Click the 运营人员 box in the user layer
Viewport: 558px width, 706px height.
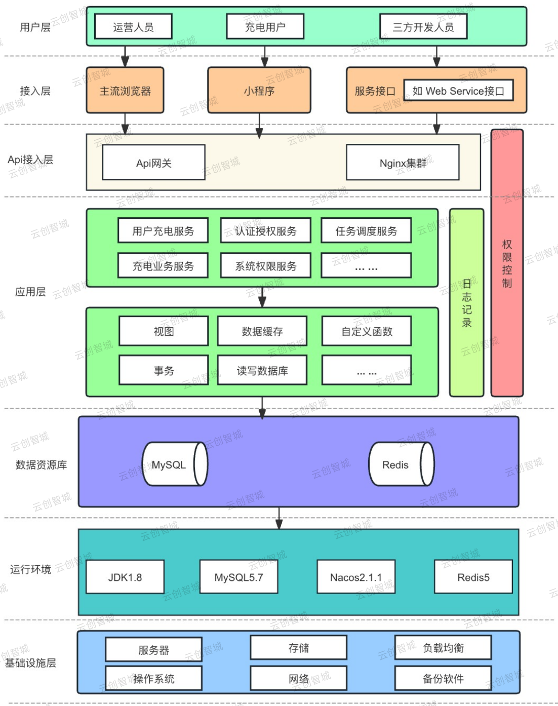(133, 27)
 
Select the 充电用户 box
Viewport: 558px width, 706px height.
(265, 27)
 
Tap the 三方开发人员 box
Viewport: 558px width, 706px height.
(423, 27)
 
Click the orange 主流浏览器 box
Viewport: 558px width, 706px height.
(125, 91)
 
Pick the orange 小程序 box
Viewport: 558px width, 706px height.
(259, 91)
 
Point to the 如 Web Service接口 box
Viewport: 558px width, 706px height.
(458, 91)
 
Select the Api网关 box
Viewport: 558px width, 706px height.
(153, 163)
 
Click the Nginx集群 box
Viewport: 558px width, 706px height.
(403, 163)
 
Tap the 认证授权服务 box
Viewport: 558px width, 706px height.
(265, 231)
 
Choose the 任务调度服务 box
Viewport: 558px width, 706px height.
(366, 231)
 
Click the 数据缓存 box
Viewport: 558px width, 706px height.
(262, 331)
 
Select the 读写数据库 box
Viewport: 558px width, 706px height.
(262, 371)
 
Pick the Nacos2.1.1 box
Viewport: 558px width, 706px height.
(355, 577)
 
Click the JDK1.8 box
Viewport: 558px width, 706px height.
(125, 577)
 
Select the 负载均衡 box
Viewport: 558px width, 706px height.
(443, 648)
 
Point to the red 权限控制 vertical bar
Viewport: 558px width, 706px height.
(507, 263)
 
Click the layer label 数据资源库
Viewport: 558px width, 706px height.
(41, 464)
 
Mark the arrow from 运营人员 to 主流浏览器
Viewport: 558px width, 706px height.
(125, 56)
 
